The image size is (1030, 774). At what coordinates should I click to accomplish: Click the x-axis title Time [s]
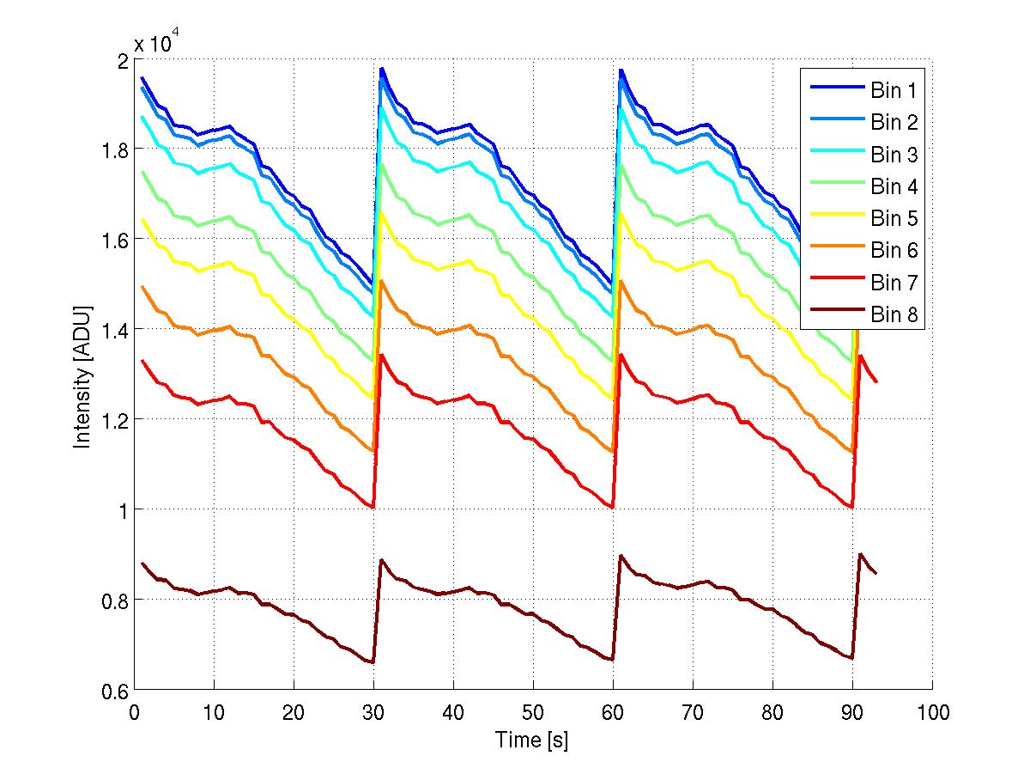coord(532,740)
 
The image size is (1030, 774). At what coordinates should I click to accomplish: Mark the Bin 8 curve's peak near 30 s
coord(381,560)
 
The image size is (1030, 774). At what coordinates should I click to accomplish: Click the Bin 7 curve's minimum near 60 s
coord(613,507)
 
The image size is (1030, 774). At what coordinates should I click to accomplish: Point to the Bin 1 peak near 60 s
coord(621,70)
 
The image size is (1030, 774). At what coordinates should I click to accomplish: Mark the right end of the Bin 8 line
coord(876,573)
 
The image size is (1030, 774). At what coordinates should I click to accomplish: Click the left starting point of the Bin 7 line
coord(142,360)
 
